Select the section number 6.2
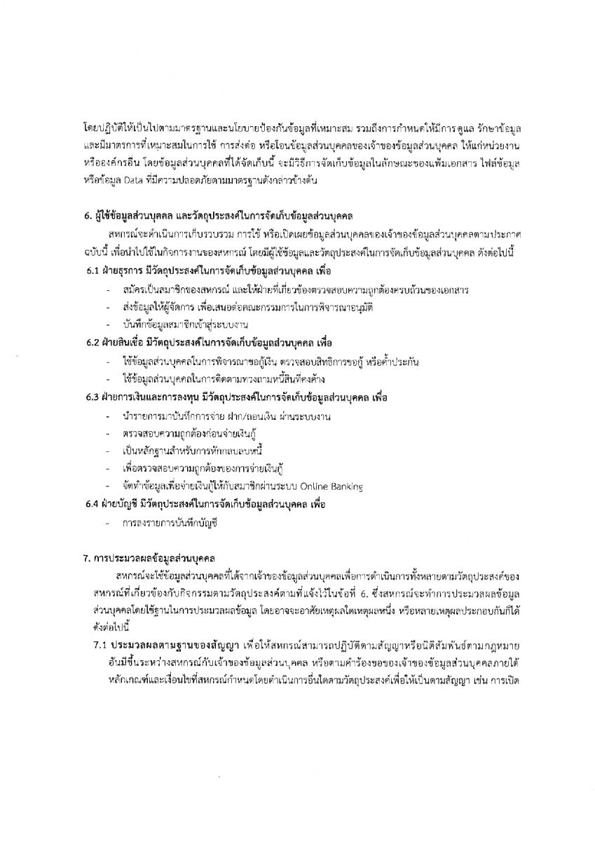pos(94,343)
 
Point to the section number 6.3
pos(94,397)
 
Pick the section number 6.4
pos(94,504)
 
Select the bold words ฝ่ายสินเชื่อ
pos(132,343)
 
